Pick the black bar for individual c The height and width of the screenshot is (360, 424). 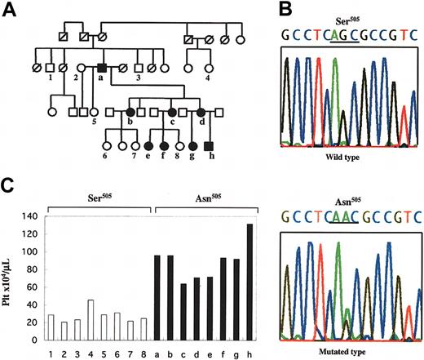click(x=183, y=309)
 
